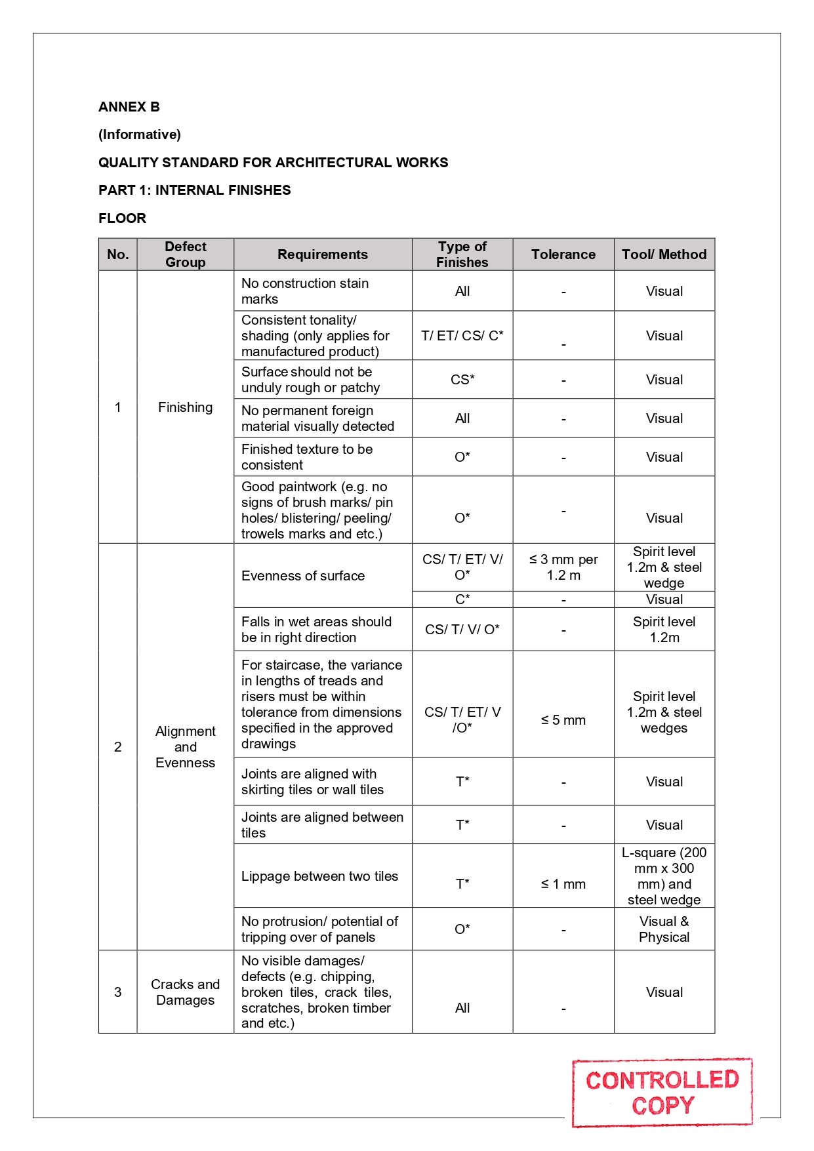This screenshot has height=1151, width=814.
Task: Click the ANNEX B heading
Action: click(129, 107)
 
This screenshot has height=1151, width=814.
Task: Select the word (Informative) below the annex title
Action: click(140, 134)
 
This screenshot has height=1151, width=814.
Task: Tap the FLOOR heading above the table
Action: click(122, 218)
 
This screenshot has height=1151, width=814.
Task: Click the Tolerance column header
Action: click(563, 254)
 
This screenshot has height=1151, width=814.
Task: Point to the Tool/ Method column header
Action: click(664, 254)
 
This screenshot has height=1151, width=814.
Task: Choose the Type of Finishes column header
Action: click(462, 254)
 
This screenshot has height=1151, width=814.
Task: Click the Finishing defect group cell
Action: click(185, 407)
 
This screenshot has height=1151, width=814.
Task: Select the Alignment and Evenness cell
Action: click(185, 747)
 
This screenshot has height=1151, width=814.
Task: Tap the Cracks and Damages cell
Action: click(185, 992)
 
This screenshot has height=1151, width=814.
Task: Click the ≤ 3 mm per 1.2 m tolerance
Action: click(563, 567)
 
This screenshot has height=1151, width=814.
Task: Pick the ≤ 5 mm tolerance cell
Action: click(563, 720)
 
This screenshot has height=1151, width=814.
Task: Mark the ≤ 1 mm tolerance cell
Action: click(563, 884)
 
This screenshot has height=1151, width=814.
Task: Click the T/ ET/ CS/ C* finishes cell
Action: click(462, 336)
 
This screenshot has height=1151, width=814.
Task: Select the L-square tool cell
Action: click(664, 876)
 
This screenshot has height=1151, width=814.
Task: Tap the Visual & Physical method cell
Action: click(664, 929)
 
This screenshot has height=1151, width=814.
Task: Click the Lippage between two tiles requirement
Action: click(319, 876)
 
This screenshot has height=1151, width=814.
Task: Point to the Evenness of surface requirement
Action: click(303, 576)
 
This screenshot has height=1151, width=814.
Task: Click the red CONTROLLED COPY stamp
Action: click(662, 1093)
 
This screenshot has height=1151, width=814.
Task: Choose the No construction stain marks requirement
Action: click(305, 291)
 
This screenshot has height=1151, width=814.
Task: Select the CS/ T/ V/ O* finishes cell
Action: click(462, 630)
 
